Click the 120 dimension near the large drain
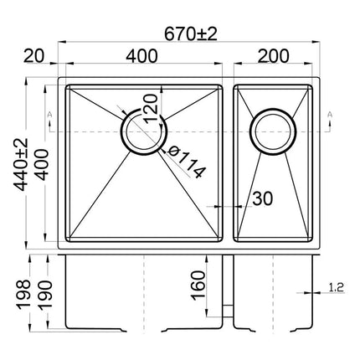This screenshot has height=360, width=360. coord(152,107)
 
